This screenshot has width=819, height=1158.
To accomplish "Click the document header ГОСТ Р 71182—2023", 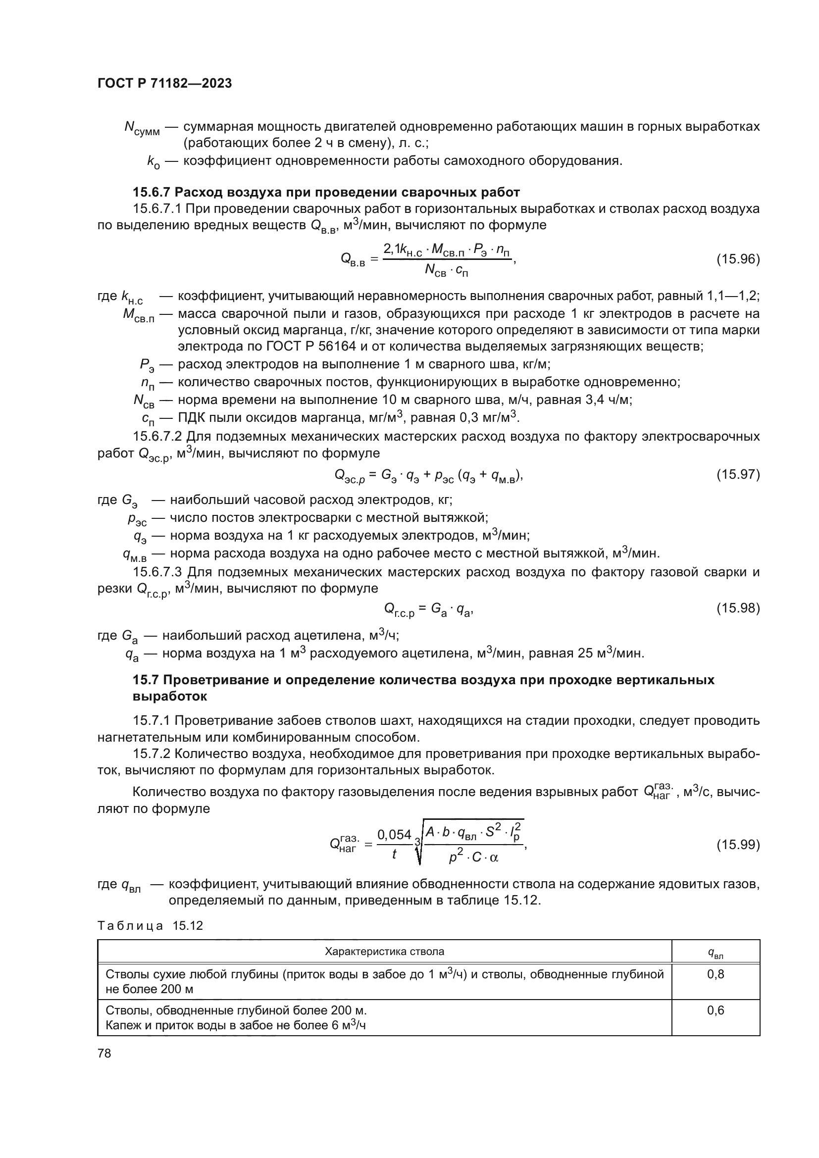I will click(164, 83).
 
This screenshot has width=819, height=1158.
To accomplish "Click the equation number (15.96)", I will click(738, 259).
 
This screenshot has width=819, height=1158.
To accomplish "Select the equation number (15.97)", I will click(738, 475).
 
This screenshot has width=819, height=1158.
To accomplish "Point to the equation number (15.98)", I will click(738, 608).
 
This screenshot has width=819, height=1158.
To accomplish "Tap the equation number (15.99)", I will click(738, 844).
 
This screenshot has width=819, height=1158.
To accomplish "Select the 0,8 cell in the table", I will click(715, 974).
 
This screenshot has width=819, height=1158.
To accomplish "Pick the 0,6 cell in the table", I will click(715, 1011).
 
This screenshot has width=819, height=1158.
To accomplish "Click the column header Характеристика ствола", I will click(384, 952).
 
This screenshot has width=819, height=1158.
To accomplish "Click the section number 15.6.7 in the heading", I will click(152, 192).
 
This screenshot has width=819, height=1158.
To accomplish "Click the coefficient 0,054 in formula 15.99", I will click(394, 835).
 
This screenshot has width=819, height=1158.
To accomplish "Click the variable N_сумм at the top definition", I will click(141, 128).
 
